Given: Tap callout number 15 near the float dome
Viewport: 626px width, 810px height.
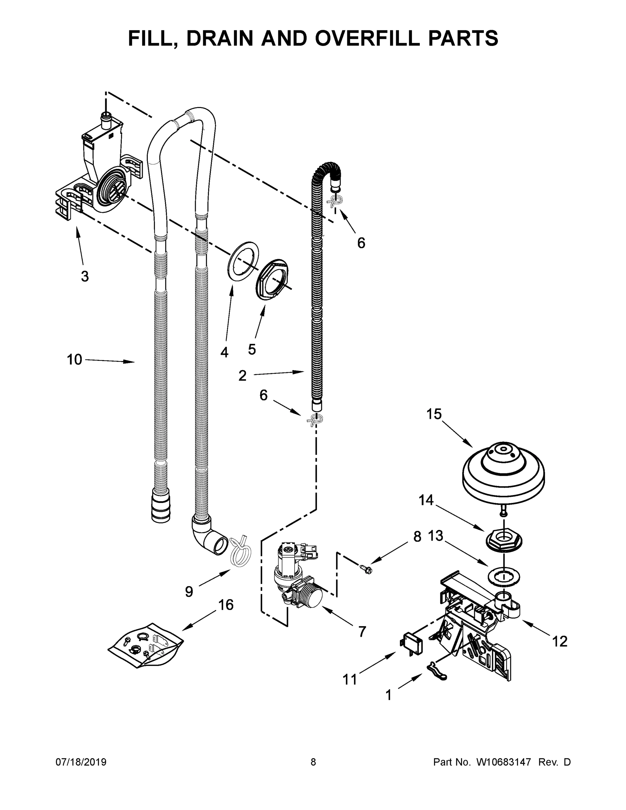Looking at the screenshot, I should [434, 414].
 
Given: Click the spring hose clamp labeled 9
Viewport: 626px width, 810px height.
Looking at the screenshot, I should [240, 552].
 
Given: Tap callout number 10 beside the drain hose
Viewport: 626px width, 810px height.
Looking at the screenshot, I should [74, 359].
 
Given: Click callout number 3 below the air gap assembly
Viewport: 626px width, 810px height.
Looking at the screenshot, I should [85, 276].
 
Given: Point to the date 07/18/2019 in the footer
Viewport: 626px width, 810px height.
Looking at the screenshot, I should [81, 762].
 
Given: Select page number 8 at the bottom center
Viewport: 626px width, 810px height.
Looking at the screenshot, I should [313, 762].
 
